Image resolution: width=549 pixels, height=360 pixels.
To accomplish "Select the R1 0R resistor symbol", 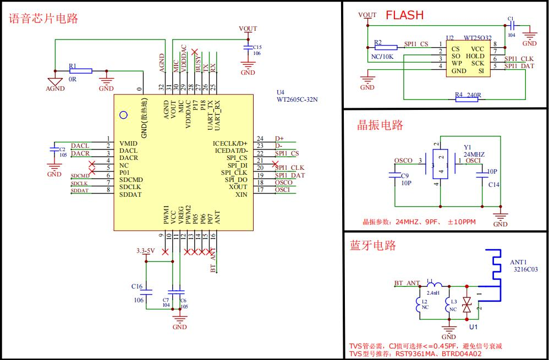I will coord(80,71).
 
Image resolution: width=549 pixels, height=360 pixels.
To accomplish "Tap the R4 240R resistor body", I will coord(468,99).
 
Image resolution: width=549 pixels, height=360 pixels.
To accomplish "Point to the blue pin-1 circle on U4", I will coord(124,115).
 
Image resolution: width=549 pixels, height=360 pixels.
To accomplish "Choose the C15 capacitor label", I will coord(257,47).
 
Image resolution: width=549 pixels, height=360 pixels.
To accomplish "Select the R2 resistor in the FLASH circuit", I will coord(385,47).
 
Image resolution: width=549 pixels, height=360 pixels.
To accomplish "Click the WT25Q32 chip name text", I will coord(477,38).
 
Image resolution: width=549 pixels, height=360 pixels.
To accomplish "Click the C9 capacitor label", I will coord(405,176).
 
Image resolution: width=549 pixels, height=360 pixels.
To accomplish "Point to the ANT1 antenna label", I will coord(518,262).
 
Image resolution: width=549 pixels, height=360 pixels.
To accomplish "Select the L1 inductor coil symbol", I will coord(434,286).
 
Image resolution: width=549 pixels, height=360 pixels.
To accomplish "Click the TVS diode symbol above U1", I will coord(467,303).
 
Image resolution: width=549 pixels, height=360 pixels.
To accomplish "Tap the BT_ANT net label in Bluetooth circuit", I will coord(407,283).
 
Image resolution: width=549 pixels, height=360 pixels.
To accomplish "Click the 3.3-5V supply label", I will coord(146,251).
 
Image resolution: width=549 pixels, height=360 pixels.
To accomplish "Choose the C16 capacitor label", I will coord(138,286).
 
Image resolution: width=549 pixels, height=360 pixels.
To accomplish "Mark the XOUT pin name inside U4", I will coord(238,187).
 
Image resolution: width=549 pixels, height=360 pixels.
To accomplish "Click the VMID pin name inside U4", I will coord(129,143).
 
